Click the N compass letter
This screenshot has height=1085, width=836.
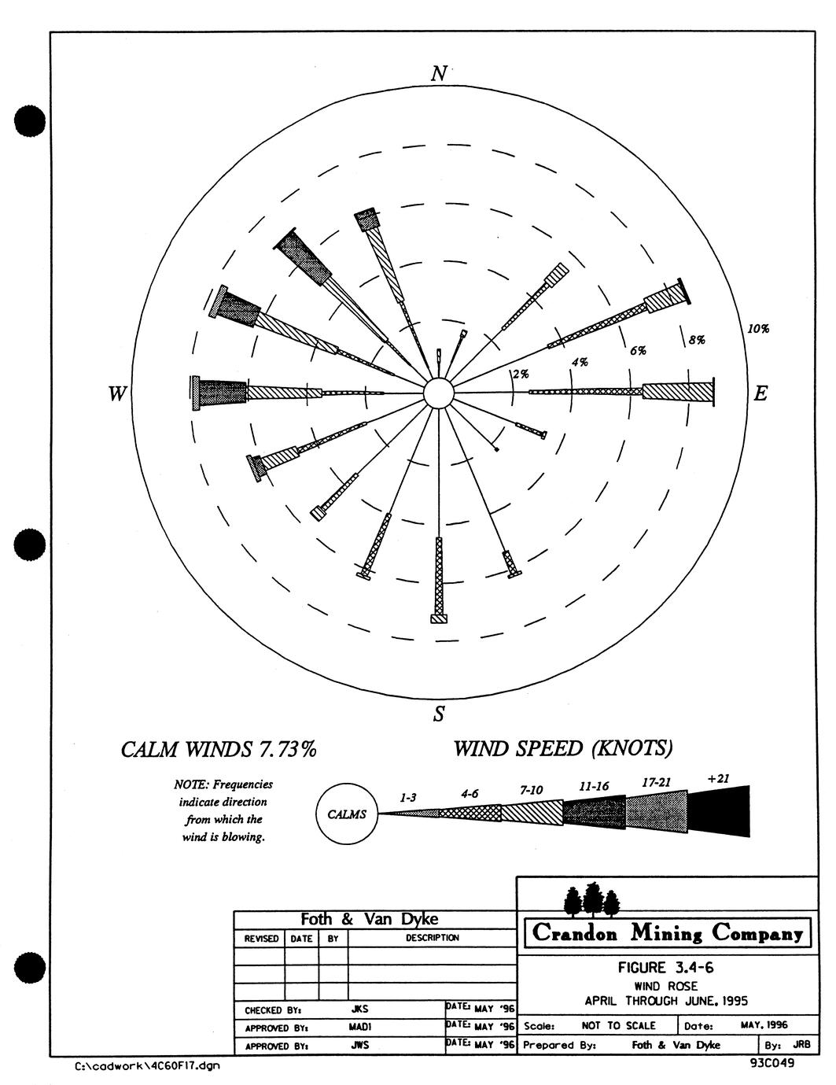click(x=439, y=74)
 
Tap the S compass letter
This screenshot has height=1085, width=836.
click(x=438, y=714)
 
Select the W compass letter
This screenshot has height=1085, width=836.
click(x=117, y=394)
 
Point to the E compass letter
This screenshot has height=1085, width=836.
click(x=760, y=394)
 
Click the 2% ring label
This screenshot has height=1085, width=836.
click(x=521, y=374)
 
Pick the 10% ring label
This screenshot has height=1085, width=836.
click(x=757, y=329)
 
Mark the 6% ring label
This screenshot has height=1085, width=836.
click(x=638, y=350)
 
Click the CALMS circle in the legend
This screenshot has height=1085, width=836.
click(x=347, y=814)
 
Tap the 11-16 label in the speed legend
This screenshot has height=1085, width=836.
click(x=594, y=787)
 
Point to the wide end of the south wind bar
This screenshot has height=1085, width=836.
click(x=439, y=618)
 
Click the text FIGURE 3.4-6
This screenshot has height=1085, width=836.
click(x=666, y=968)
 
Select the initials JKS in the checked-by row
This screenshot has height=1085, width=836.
click(x=359, y=1009)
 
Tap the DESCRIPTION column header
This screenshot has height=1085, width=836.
click(x=433, y=938)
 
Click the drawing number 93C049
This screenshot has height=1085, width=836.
click(x=772, y=1062)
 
